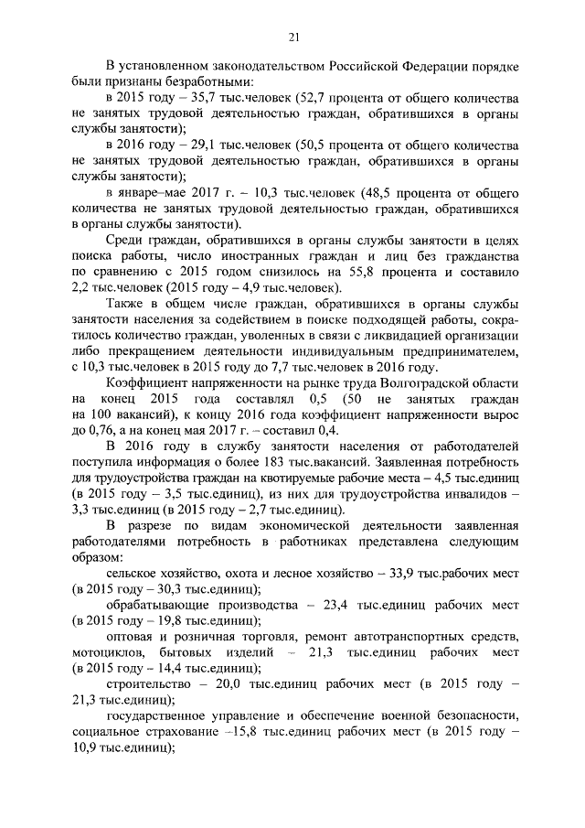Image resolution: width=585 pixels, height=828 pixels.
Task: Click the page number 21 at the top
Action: (x=293, y=38)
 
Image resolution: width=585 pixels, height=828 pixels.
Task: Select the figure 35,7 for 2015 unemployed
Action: (x=194, y=94)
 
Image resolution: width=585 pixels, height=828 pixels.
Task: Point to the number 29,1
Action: (x=195, y=145)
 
